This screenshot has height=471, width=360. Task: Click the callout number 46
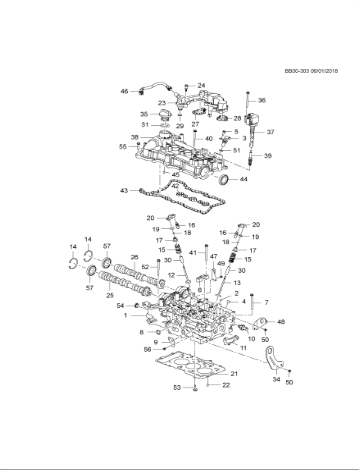point(125,92)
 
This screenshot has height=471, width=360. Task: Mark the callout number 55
point(123,146)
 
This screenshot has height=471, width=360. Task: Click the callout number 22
point(225,384)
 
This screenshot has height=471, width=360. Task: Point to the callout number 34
point(277,379)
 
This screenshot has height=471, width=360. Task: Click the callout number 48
point(280,321)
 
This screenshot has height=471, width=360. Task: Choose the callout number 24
point(201,86)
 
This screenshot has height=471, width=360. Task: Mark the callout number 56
point(147,349)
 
